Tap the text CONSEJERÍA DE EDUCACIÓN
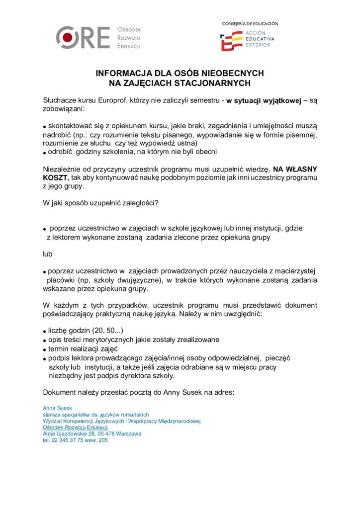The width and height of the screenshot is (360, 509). point(250,23)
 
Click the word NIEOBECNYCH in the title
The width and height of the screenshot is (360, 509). point(227,74)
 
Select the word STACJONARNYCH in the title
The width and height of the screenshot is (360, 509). point(209,83)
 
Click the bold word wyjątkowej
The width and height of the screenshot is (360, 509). point(282,100)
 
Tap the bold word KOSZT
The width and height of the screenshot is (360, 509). point(54,177)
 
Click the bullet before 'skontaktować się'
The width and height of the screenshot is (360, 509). point(45,126)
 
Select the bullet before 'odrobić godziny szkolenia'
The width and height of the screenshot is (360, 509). point(45,152)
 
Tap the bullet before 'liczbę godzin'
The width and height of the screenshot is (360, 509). point(45,332)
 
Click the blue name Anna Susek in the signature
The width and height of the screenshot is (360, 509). point(58,408)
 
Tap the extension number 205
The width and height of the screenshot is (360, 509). point(103,440)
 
